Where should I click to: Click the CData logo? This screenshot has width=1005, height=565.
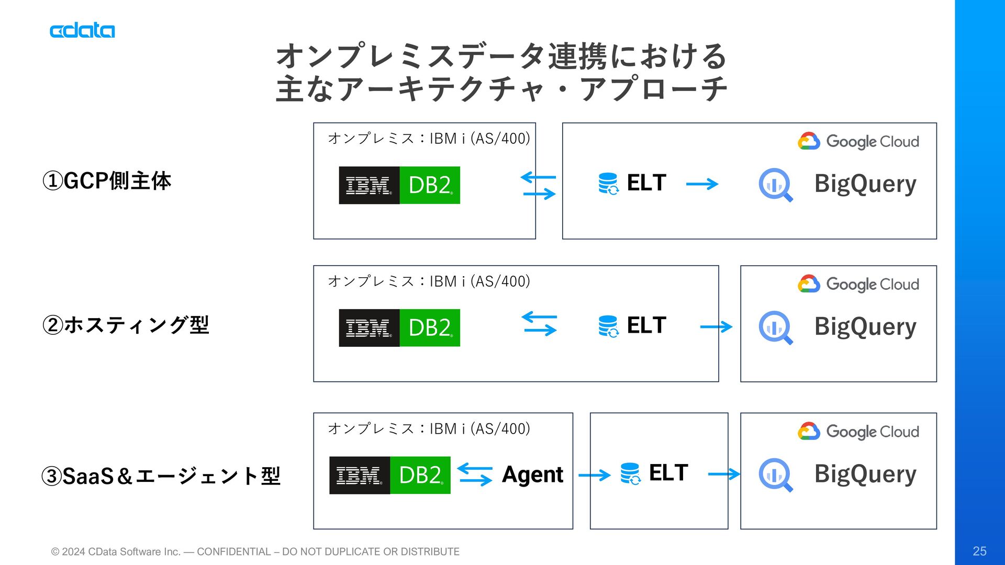click(x=82, y=30)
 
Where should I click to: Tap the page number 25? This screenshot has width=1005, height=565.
click(x=979, y=551)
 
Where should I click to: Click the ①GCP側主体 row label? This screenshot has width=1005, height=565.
click(x=107, y=181)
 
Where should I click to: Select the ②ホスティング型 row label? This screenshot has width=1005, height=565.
click(x=126, y=325)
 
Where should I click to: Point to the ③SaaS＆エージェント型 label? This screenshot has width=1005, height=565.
click(x=161, y=476)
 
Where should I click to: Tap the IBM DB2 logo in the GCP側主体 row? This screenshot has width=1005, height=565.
click(x=399, y=185)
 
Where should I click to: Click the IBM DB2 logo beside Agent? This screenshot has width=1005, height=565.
click(x=390, y=475)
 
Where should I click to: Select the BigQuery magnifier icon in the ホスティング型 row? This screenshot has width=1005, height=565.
click(x=776, y=327)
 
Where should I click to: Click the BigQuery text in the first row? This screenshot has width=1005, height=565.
click(x=865, y=184)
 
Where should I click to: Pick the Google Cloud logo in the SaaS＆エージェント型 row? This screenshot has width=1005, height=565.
click(x=858, y=431)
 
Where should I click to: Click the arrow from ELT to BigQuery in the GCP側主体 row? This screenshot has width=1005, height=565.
click(x=702, y=184)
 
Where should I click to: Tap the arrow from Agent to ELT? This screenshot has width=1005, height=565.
click(x=595, y=475)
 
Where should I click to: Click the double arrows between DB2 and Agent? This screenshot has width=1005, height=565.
click(x=475, y=474)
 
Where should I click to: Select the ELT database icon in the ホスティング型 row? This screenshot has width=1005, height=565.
click(x=608, y=326)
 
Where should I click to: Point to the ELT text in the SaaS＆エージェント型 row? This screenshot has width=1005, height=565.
click(x=668, y=473)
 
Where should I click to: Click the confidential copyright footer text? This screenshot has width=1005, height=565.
click(x=255, y=551)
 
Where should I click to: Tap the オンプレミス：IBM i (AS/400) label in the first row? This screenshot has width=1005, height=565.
click(x=429, y=139)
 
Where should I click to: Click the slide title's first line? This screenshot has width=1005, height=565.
click(x=501, y=56)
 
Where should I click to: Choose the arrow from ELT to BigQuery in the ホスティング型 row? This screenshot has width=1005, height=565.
click(x=716, y=327)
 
